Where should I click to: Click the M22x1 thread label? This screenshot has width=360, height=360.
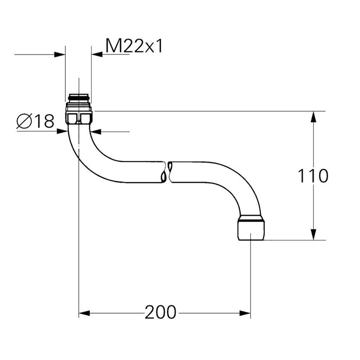tap(134, 46)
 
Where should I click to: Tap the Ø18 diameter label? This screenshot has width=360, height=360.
tap(35, 121)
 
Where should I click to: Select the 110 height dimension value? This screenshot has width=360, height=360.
tap(313, 176)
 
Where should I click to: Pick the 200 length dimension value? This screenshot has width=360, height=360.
tap(160, 312)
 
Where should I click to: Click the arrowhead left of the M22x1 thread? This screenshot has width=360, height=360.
tap(61, 53)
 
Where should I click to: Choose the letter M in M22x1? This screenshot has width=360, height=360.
tap(112, 46)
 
